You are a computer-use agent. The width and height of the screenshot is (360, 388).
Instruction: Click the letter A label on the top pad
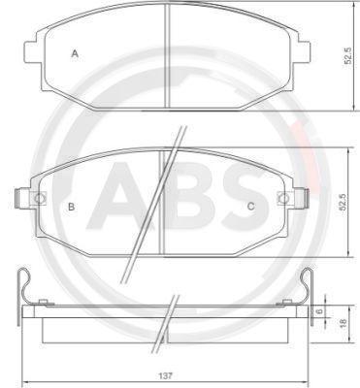(75, 54)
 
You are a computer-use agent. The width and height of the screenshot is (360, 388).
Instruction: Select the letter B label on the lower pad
(71, 207)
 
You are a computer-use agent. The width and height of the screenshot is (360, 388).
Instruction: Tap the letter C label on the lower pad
(250, 206)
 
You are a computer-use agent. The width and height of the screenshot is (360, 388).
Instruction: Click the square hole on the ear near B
(40, 199)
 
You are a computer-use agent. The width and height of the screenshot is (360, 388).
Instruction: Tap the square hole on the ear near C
(282, 199)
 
